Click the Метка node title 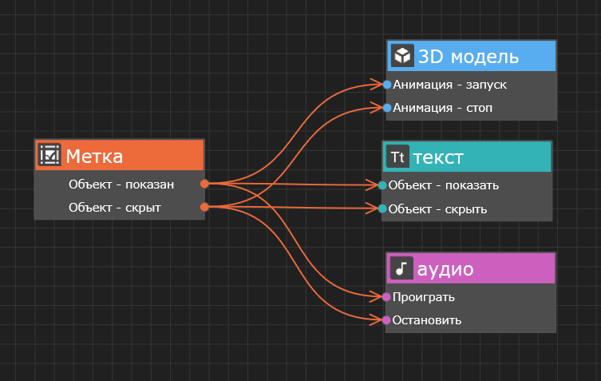[x=94, y=156]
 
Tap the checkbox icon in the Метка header [x=49, y=155]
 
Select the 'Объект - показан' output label [x=121, y=185]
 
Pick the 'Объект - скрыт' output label [x=115, y=208]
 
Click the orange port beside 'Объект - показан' [x=204, y=184]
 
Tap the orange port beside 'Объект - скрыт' [x=204, y=208]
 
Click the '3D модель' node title [x=469, y=57]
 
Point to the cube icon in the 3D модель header [x=402, y=56]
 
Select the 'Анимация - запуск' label [x=450, y=84]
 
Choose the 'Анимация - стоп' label [x=443, y=107]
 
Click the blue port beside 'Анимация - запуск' [x=387, y=84]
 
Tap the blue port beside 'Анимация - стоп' [x=387, y=107]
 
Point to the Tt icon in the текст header [x=397, y=157]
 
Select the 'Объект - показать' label [x=444, y=185]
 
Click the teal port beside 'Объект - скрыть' [x=382, y=209]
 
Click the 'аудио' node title [x=445, y=269]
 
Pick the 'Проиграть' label [x=424, y=297]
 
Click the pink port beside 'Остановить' [x=386, y=320]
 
